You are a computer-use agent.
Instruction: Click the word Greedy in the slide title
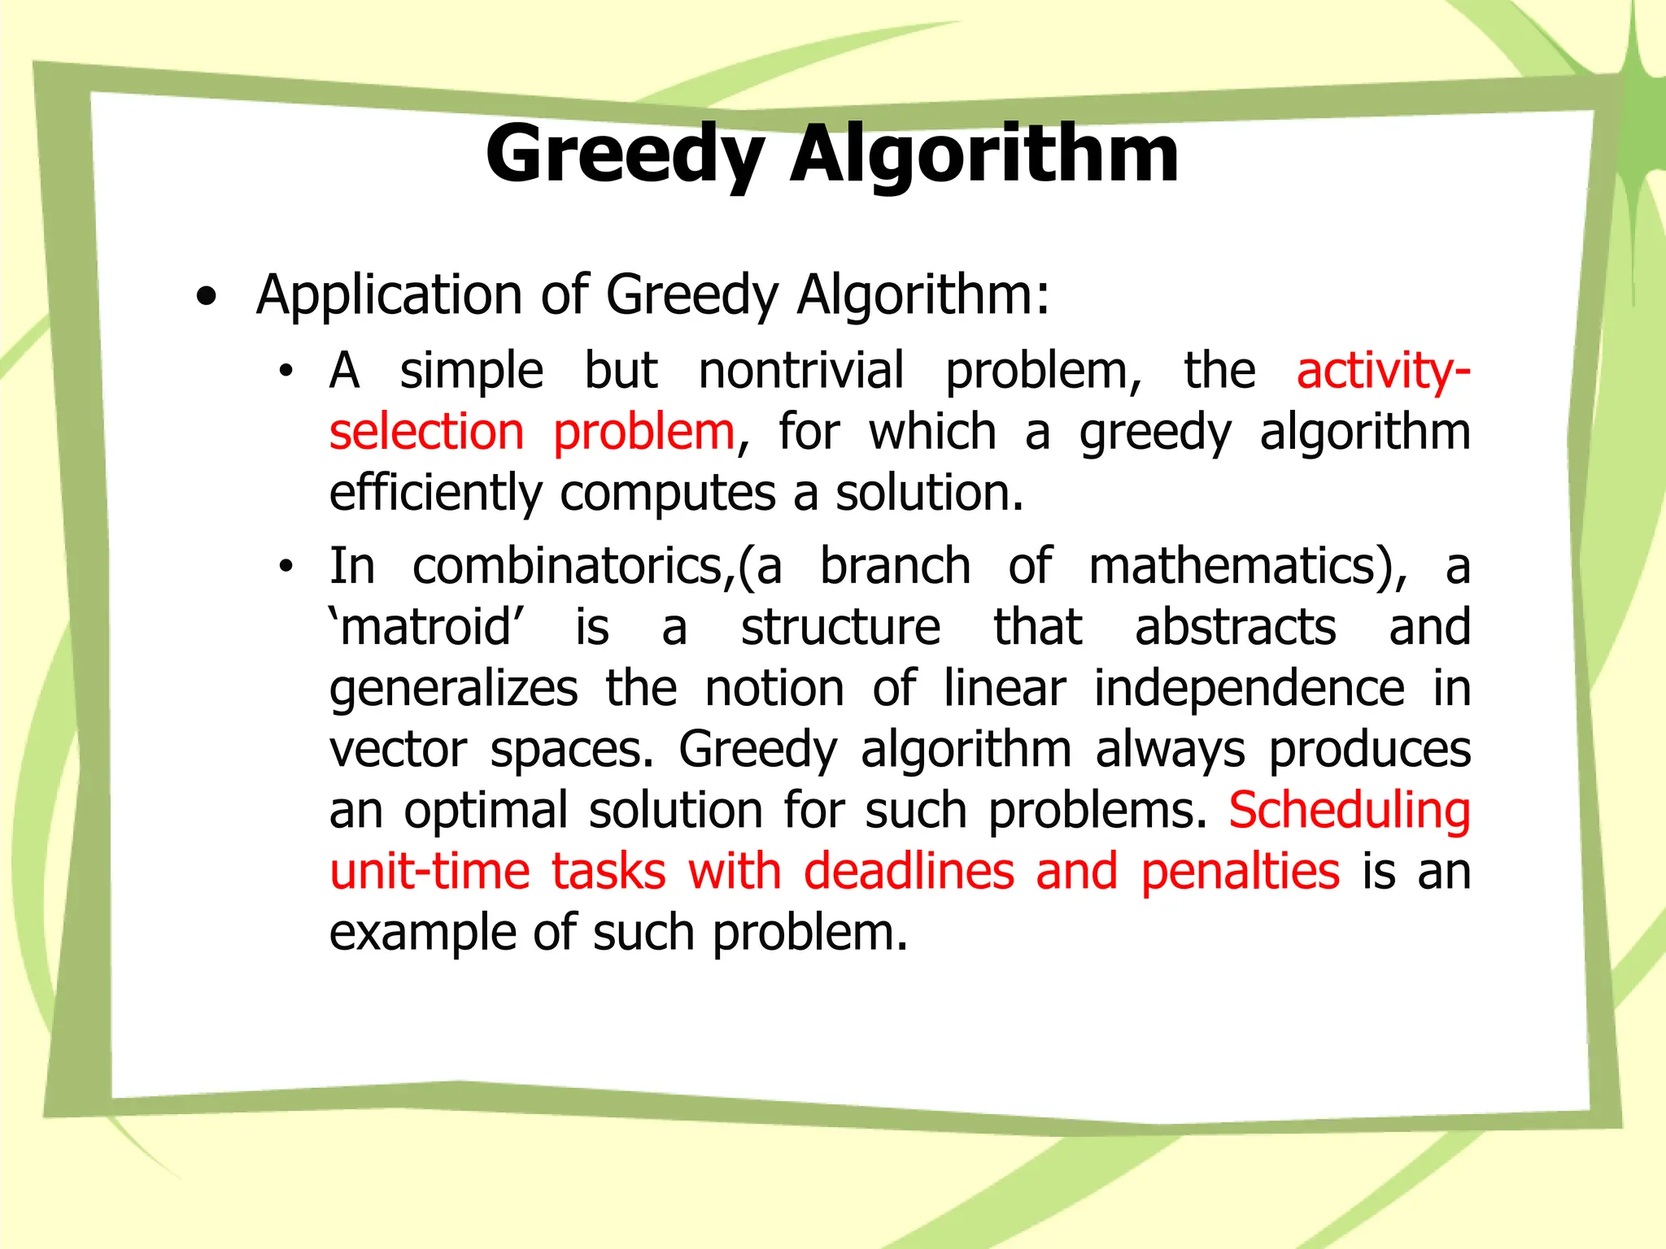point(625,154)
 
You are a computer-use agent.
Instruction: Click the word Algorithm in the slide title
point(983,154)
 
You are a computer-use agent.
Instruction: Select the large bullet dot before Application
point(207,298)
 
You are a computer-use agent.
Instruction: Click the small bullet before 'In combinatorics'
point(285,568)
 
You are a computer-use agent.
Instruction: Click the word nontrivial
point(801,371)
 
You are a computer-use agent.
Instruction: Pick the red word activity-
point(1383,371)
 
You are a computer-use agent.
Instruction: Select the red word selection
point(426,431)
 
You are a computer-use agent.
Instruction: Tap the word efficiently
point(435,493)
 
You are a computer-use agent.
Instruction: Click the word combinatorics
point(567,566)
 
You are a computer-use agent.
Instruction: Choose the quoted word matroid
point(426,628)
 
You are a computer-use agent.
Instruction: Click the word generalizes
point(453,689)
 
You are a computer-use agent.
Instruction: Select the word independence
point(1249,689)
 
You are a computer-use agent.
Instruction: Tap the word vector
point(399,750)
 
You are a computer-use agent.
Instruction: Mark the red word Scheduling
point(1350,811)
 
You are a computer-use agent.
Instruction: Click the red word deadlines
point(909,872)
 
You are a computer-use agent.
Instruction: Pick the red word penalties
point(1240,872)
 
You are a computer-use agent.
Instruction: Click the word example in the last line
point(421,933)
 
